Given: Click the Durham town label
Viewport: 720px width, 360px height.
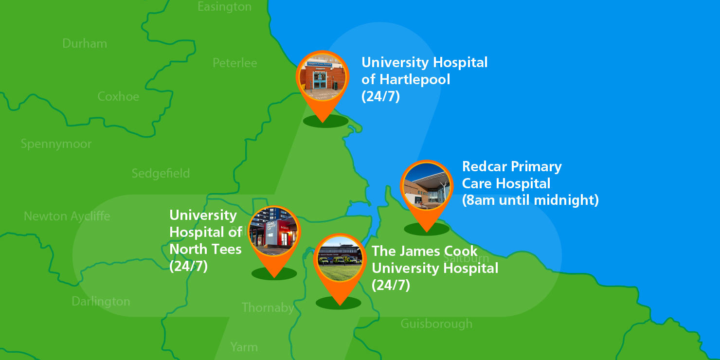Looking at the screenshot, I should click(85, 43).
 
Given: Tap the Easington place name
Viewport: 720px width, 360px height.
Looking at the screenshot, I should click(225, 7).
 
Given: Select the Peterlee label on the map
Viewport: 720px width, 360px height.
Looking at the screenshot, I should click(235, 63).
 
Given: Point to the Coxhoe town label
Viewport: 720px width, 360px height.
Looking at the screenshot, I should click(118, 96).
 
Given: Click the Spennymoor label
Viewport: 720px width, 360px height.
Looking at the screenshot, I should click(56, 144).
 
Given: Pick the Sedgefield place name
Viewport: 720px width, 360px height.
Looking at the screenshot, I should click(161, 174).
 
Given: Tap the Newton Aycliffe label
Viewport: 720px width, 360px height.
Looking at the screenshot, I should click(67, 216).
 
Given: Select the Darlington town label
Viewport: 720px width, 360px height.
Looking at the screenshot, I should click(101, 302).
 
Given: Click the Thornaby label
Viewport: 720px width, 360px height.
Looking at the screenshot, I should click(268, 307).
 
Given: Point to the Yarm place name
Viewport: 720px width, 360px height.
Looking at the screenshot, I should click(244, 347).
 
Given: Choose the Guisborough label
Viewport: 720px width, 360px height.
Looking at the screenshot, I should click(436, 324).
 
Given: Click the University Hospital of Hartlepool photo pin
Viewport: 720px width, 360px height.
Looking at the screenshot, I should click(323, 77).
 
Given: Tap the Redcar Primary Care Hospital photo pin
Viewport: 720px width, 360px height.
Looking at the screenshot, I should click(427, 186).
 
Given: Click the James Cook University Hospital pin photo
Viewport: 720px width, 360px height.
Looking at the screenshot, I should click(339, 259).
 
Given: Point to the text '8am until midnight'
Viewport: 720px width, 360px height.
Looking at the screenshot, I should click(530, 200).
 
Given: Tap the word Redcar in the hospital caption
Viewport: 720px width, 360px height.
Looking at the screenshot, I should click(483, 167).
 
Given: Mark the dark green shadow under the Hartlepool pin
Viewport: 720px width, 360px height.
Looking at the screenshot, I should click(325, 121).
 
